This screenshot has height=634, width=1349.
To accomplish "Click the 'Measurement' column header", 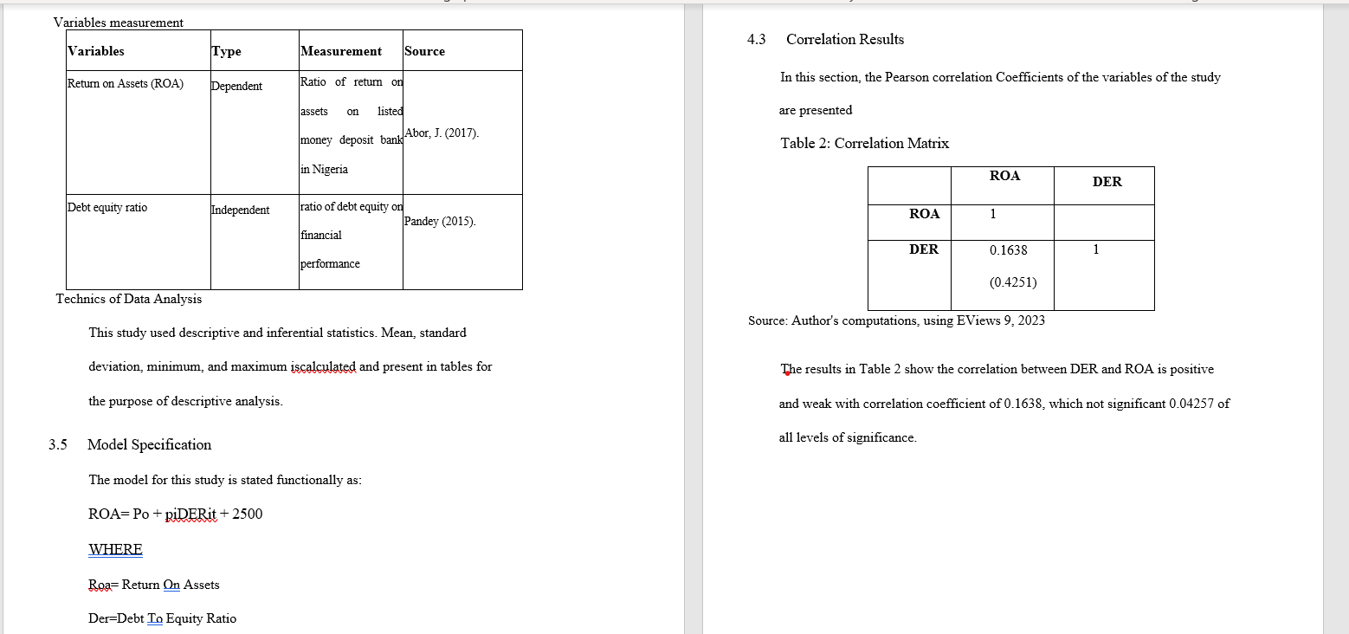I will click(x=341, y=51).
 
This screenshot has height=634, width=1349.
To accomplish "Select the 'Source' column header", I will click(x=424, y=51).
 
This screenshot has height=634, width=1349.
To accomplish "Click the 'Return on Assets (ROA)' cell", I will click(x=126, y=84).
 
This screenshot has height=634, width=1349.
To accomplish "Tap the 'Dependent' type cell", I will click(x=236, y=86).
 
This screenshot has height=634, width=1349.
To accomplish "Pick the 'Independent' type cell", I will click(x=240, y=210).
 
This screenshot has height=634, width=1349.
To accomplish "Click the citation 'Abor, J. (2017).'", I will click(x=442, y=133).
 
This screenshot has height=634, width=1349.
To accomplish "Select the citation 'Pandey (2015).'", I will click(x=440, y=221).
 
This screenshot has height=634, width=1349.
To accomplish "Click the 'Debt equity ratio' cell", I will click(x=107, y=208).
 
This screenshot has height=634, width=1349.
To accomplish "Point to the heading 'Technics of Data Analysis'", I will click(x=129, y=299).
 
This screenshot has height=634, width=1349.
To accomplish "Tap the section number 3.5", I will click(x=58, y=445).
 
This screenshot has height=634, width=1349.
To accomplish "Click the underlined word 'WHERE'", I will click(x=115, y=549).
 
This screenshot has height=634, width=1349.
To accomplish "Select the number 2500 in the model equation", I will click(x=247, y=514).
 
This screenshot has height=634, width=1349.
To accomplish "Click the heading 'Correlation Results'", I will click(x=844, y=40).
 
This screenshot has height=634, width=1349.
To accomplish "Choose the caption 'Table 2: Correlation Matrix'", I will click(x=864, y=144).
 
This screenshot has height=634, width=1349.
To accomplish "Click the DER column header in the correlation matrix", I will click(x=1107, y=182).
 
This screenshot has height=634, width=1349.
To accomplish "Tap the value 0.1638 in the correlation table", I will click(x=1008, y=250).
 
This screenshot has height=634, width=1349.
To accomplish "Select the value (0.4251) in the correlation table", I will click(x=1012, y=282).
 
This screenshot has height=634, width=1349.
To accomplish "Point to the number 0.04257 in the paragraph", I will click(x=1191, y=404).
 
